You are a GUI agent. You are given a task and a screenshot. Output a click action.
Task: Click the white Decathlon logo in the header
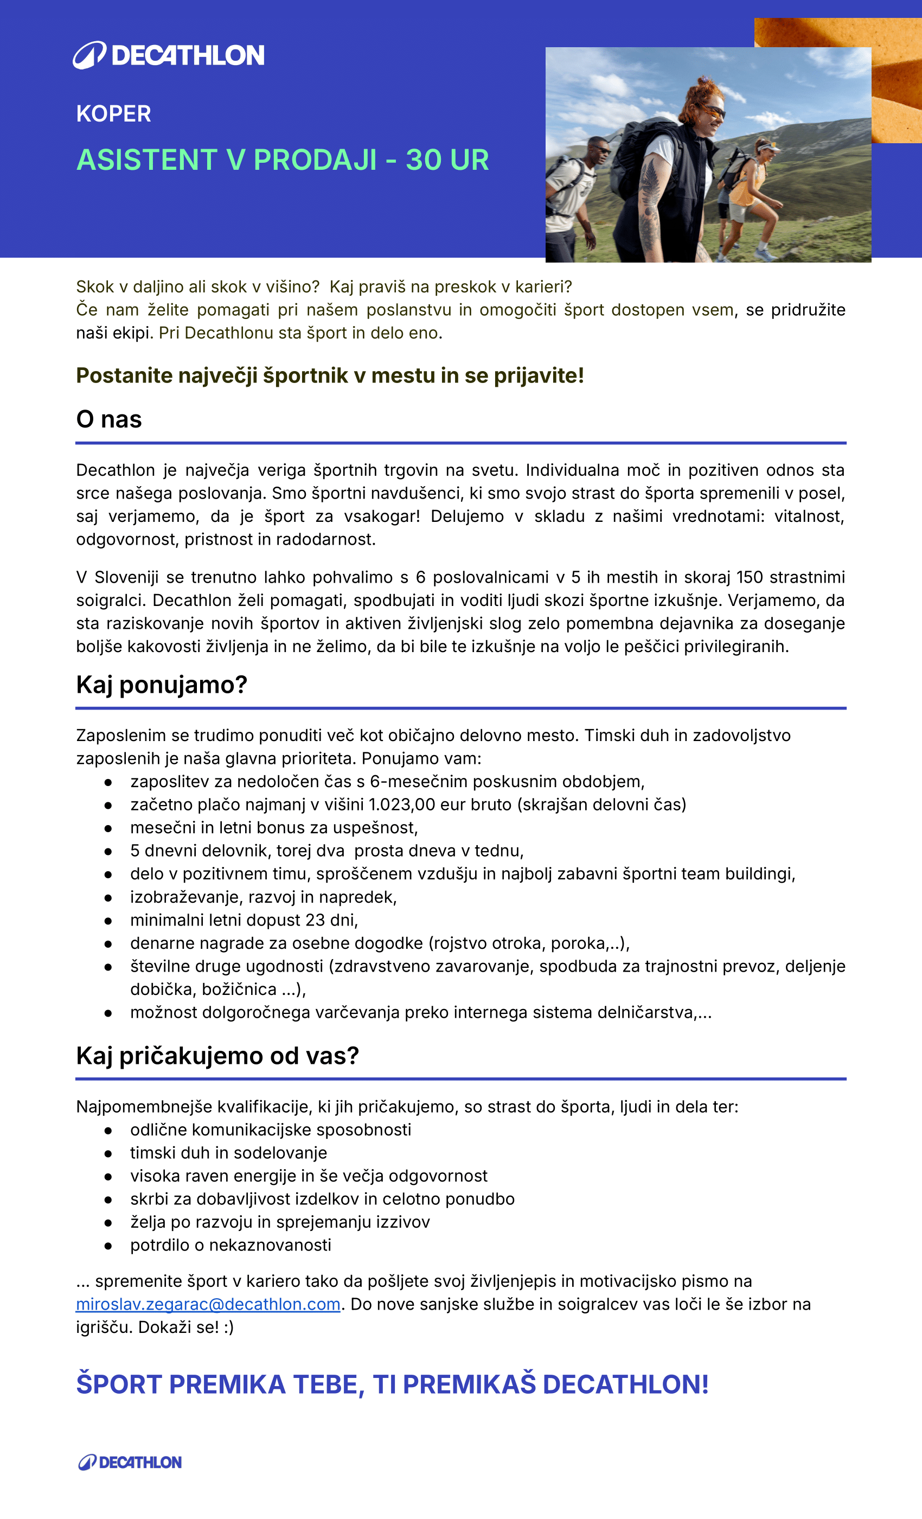(168, 55)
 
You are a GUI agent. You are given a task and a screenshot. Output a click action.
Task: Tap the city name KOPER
(113, 114)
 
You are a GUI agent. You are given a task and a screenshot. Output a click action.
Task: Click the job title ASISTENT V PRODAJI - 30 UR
(282, 160)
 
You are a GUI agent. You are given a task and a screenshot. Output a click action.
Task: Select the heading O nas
(109, 419)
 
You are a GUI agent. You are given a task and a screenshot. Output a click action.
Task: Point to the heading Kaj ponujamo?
(162, 685)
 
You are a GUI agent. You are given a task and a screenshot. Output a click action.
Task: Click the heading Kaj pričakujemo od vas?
(217, 1056)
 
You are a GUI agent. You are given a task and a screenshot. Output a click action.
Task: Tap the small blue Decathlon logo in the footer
(130, 1462)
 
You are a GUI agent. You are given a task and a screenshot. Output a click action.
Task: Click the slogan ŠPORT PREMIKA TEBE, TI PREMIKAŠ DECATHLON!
(392, 1384)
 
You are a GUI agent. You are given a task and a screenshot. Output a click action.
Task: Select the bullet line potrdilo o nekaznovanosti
(230, 1244)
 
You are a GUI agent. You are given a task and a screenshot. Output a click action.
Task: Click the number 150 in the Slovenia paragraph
(750, 577)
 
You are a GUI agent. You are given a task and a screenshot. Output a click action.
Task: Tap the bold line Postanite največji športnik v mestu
(330, 375)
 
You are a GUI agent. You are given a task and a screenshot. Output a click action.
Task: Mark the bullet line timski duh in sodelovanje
(229, 1153)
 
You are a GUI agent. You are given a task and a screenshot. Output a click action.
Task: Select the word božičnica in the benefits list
(239, 990)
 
